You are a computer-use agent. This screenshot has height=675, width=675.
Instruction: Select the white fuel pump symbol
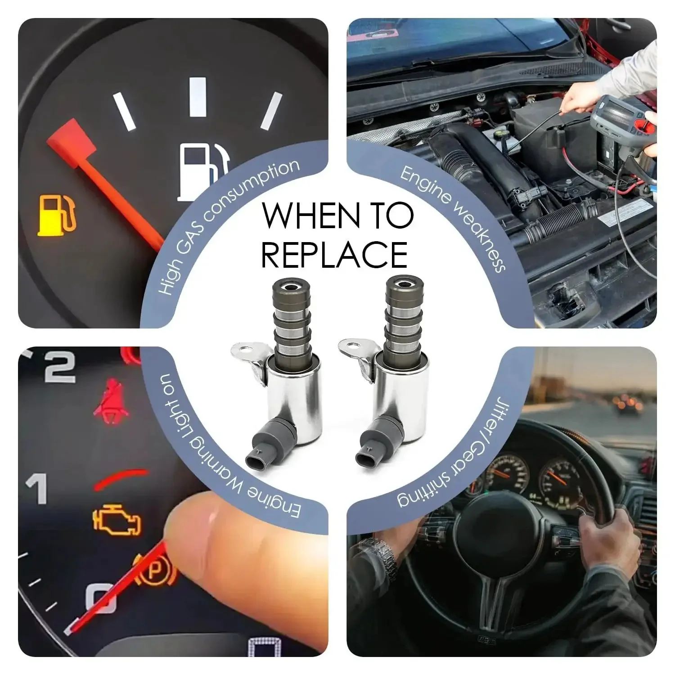tap(204, 170)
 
